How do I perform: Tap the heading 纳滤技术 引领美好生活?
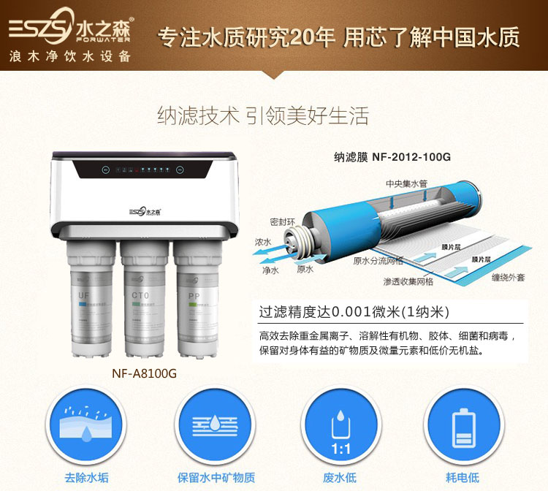click(x=263, y=116)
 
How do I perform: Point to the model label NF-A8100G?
click(x=144, y=373)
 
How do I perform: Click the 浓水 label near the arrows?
click(x=262, y=241)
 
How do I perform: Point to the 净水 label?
click(x=270, y=270)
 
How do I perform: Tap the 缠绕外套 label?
click(x=509, y=278)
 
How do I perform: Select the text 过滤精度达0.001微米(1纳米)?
click(x=354, y=311)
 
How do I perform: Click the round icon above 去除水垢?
click(x=85, y=427)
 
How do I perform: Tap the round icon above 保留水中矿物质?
click(x=216, y=427)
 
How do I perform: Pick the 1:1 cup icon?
click(x=339, y=427)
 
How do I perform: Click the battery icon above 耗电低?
click(x=462, y=427)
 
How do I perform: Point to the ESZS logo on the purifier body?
click(x=144, y=212)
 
